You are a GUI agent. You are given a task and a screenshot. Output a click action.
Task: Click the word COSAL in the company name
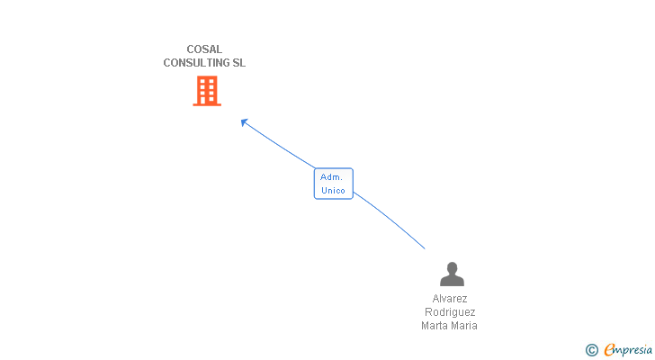[x=204, y=49]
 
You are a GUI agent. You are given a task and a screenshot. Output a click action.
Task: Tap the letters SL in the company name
[x=238, y=63]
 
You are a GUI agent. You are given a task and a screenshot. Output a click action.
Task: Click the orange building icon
[x=207, y=91]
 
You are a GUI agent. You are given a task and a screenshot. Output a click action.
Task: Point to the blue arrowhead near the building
[x=244, y=121]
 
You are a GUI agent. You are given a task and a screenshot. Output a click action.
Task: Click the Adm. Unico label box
[x=333, y=184]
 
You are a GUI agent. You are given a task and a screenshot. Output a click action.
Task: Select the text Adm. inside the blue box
[x=332, y=177]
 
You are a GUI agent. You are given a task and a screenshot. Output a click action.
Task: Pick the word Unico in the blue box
[x=333, y=191]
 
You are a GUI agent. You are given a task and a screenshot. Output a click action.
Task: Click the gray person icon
[x=451, y=274]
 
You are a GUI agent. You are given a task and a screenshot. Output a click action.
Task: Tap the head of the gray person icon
[x=451, y=267]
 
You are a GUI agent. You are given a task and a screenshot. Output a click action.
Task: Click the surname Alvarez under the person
[x=450, y=299]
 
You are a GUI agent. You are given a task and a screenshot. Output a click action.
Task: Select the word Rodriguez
[x=450, y=312]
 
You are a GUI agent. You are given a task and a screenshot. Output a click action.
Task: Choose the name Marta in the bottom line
[x=435, y=326]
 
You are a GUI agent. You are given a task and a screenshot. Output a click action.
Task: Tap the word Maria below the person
[x=465, y=326]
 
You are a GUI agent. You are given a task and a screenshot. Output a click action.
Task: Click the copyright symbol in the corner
[x=591, y=350]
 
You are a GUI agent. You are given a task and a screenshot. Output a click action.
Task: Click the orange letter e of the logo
[x=609, y=350]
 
